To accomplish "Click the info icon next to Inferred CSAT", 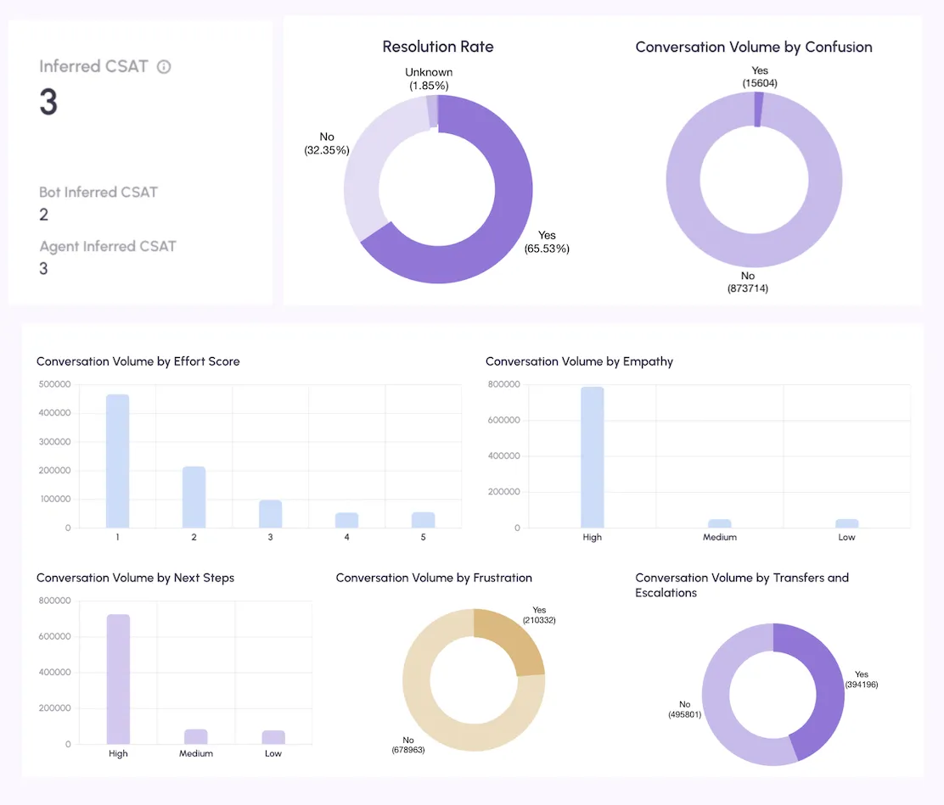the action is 164,67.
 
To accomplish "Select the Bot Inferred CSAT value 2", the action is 44,215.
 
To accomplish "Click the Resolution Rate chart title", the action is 438,47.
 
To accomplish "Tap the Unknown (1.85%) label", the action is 429,79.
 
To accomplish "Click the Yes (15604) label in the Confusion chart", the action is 760,77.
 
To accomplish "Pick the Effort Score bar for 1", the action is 117,461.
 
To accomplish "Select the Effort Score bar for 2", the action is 194,497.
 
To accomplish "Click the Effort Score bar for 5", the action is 424,520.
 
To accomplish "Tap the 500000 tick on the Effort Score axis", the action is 55,384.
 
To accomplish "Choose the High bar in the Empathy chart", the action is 593,457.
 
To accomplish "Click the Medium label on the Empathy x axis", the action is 719,537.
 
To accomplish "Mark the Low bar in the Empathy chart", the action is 847,523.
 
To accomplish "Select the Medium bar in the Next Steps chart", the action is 195,737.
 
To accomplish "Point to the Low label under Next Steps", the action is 273,754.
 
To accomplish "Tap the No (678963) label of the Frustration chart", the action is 408,745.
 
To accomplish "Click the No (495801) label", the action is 684,709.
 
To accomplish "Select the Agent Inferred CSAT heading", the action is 108,247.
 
